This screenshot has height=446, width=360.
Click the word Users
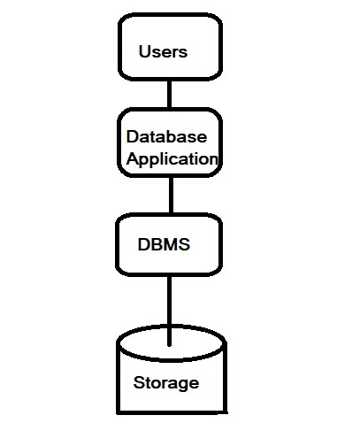point(163,51)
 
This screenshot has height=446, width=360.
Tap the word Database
point(166,137)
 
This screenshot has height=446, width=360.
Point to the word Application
point(172,160)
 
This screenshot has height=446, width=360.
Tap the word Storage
point(165,383)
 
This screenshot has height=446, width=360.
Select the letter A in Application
point(133,160)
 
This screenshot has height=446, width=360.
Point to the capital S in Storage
point(138,383)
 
